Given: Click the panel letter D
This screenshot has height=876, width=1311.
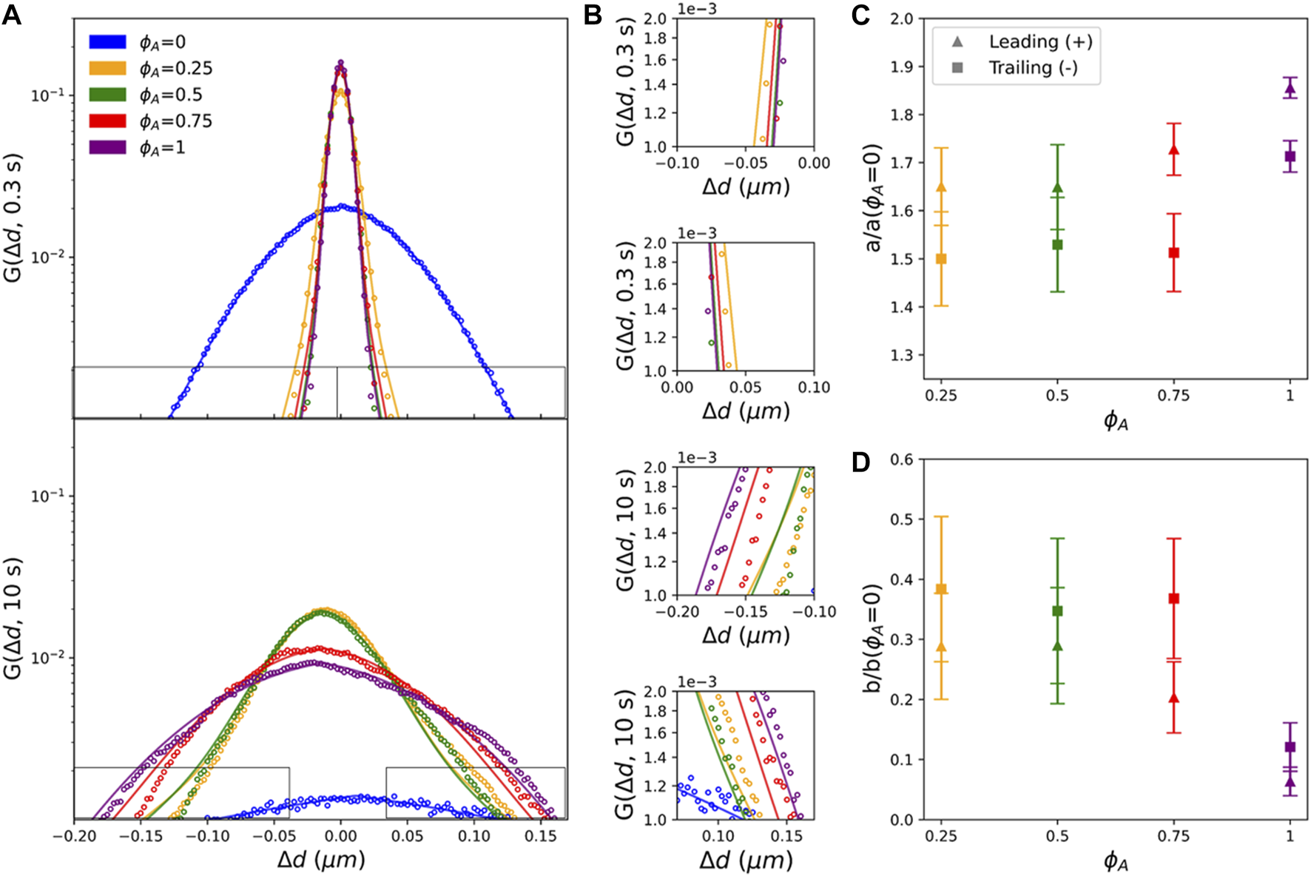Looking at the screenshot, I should point(860,463).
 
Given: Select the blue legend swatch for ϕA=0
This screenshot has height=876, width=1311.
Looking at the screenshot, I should point(107,42).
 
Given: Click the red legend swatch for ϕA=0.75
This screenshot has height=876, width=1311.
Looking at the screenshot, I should point(107,121).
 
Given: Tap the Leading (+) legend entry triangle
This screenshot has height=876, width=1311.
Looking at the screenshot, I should point(957,42).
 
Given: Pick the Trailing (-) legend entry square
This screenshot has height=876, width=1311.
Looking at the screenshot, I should point(957,68).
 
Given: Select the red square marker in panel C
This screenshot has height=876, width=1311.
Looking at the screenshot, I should point(1173,253).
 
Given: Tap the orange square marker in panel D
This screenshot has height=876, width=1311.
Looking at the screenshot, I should point(941,590).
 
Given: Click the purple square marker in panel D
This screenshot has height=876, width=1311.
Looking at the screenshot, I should point(1290,747).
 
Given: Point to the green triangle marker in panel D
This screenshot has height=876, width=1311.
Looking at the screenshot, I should point(1057,647).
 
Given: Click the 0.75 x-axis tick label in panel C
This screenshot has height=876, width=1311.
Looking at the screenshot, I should point(1173,396).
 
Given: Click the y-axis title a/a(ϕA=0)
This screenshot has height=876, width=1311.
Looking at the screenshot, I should point(874,197).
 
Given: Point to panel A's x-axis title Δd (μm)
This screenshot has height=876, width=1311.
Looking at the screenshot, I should point(321,860).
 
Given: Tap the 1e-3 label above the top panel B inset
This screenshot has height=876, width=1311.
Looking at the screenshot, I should point(697,9).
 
